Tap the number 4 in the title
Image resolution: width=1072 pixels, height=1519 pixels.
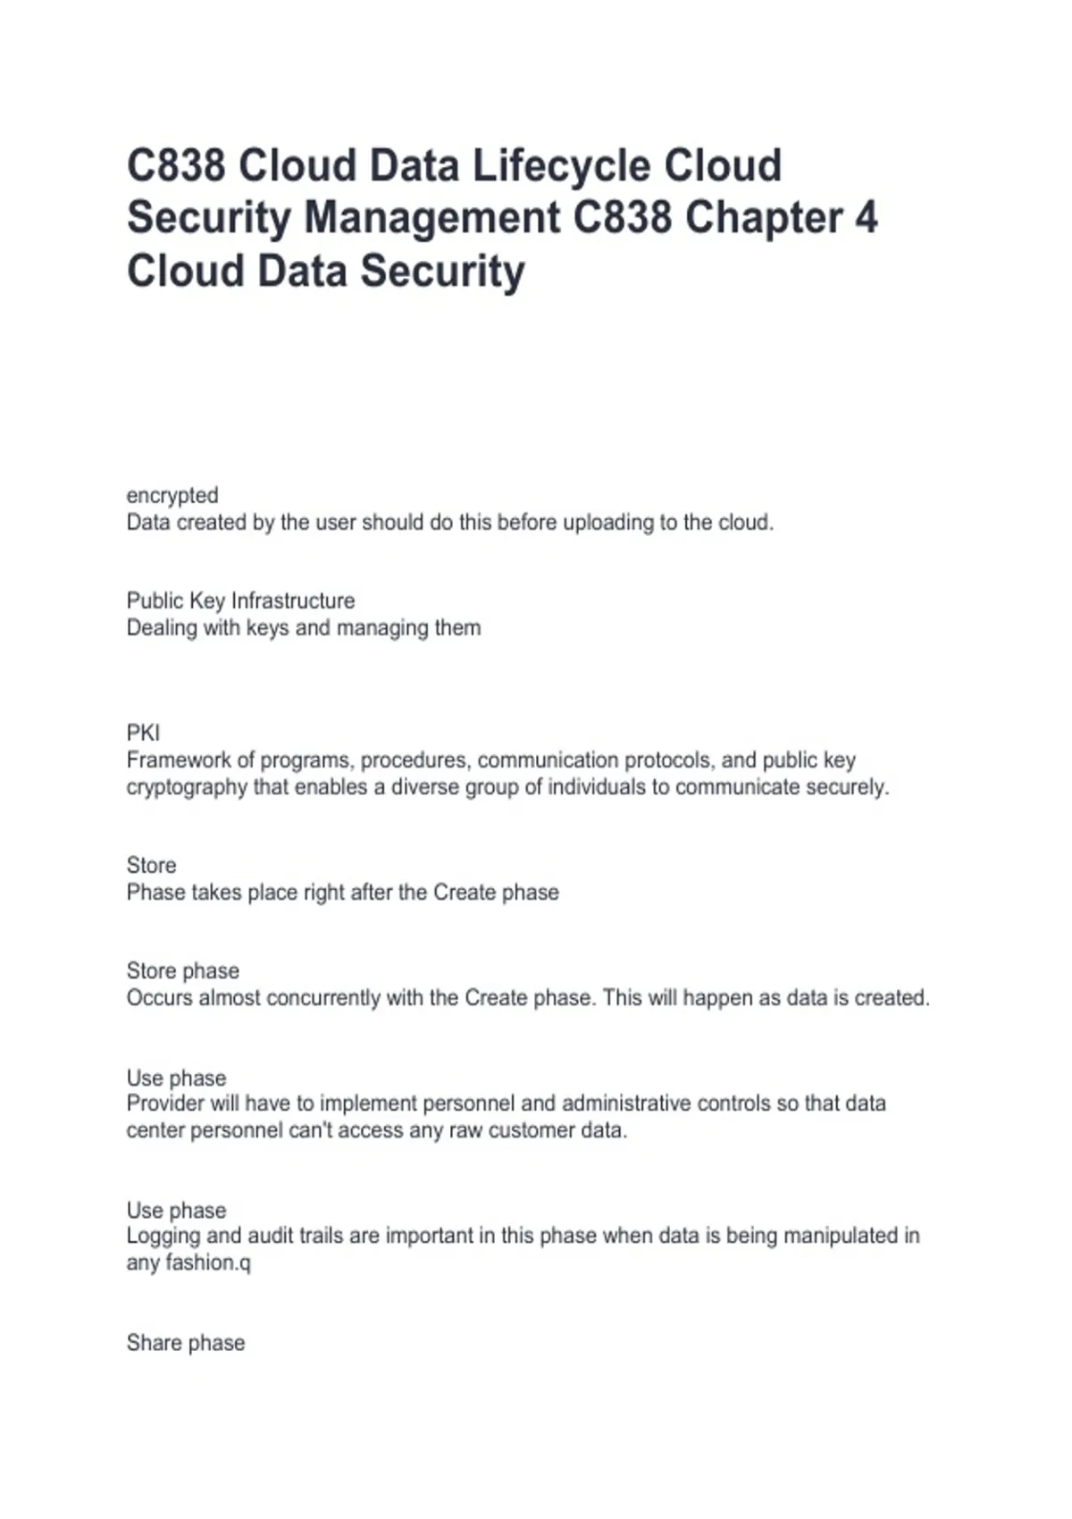(x=866, y=219)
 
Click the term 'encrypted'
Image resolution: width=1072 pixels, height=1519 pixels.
(x=172, y=495)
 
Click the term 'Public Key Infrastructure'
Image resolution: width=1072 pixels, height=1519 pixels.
(x=240, y=600)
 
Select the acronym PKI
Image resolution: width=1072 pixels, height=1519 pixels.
(x=143, y=733)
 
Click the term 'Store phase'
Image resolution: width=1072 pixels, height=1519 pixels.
(x=183, y=970)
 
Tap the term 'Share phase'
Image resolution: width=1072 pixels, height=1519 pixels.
(x=186, y=1342)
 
